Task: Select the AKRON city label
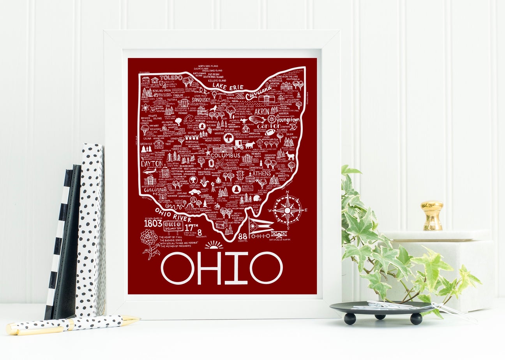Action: coord(262,111)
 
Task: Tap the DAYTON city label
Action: coord(151,164)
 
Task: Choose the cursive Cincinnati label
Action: coord(155,189)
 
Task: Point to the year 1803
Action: coord(153,224)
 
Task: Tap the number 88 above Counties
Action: coord(242,236)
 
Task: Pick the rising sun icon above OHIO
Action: coord(214,245)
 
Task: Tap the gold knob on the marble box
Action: coord(432,215)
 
